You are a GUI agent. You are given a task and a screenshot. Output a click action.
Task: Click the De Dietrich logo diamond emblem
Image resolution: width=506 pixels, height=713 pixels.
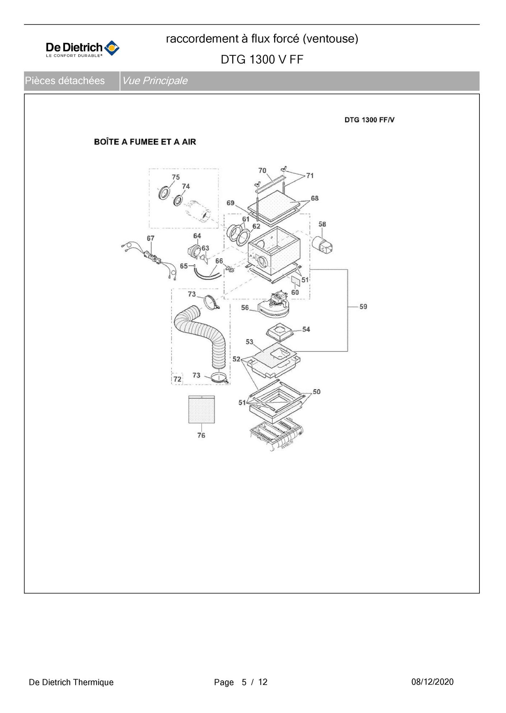click(x=112, y=48)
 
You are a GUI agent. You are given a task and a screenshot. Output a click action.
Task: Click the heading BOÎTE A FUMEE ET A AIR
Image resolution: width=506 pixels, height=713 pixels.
click(x=145, y=142)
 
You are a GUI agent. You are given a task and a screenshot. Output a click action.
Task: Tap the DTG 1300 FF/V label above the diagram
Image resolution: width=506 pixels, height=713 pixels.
click(x=369, y=120)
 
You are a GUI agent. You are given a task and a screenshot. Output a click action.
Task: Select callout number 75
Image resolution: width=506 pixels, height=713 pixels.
click(x=175, y=177)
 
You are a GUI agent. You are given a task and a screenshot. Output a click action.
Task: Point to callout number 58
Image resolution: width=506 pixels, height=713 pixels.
click(x=322, y=224)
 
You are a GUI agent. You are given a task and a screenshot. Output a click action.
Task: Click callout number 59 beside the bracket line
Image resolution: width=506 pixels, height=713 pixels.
click(x=363, y=307)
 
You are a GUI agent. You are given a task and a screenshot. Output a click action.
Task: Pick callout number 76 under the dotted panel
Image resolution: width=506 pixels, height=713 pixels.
click(x=201, y=435)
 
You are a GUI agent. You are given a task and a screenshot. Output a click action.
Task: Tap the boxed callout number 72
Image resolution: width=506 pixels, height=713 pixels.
click(x=177, y=379)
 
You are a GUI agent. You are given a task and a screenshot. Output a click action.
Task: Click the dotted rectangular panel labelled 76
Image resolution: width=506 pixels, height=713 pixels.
click(x=202, y=409)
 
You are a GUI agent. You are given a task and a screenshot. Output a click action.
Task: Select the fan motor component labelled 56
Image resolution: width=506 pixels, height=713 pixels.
click(x=274, y=305)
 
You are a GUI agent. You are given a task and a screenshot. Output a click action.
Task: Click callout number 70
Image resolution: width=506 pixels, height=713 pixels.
click(x=262, y=171)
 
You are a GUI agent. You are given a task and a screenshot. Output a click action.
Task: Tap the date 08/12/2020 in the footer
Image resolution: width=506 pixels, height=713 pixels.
click(x=432, y=682)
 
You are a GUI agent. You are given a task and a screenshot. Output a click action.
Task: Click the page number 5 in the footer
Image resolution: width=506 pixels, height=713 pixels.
click(x=244, y=682)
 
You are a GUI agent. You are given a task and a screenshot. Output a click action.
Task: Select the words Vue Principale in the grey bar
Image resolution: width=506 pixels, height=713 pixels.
click(x=155, y=81)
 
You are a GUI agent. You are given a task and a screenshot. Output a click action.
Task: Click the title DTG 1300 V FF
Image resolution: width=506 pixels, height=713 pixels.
click(x=262, y=60)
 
